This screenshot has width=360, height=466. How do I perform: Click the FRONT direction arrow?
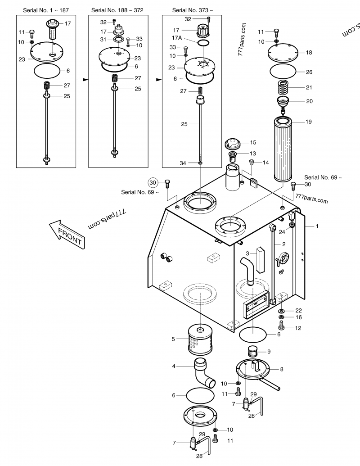67,235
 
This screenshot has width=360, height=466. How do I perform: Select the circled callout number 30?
153,182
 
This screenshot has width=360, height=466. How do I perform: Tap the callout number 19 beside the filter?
309,122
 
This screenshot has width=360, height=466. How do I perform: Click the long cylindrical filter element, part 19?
283,149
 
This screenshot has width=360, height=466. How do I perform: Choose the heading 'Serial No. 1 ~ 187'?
46,10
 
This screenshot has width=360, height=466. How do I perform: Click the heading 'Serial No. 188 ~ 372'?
117,10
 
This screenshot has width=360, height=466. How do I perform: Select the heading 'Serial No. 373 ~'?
193,10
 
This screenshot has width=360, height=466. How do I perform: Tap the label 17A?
176,38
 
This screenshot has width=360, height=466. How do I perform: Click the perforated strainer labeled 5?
201,339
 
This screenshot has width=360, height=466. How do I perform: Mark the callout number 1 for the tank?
317,226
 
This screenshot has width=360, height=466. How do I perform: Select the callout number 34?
183,163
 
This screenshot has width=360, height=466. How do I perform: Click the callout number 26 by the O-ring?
309,72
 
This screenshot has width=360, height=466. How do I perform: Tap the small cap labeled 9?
253,352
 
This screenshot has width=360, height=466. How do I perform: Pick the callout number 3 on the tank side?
247,253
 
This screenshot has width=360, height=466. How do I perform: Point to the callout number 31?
103,40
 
